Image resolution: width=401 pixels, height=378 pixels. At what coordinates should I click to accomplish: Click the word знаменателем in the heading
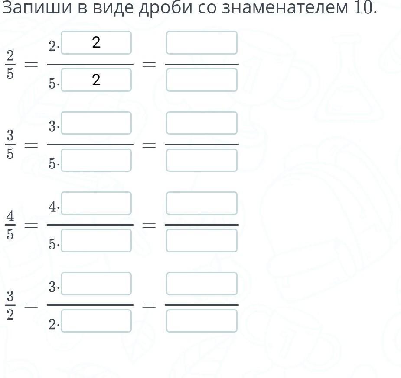pos(285,8)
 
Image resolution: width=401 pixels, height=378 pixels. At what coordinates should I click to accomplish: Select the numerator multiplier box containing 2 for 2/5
pos(96,43)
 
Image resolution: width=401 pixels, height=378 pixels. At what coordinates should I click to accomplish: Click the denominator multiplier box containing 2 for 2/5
pos(96,80)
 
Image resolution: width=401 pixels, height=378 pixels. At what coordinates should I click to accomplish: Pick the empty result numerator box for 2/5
pos(202,43)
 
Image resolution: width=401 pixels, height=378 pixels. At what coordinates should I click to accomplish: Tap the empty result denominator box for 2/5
pos(202,80)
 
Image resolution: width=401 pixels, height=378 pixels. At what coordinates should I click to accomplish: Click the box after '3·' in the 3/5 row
pos(96,123)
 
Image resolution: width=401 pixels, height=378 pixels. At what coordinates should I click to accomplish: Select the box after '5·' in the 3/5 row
pos(96,160)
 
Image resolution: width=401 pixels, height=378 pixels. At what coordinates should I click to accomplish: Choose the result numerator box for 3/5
pos(202,123)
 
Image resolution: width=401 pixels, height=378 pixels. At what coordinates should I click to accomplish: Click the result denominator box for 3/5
pos(202,160)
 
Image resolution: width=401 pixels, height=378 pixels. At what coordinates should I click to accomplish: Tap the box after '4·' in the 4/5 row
pos(96,204)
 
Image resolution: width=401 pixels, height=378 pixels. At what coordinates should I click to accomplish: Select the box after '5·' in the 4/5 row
pos(96,241)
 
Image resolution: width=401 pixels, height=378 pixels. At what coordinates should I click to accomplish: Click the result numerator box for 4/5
pos(202,204)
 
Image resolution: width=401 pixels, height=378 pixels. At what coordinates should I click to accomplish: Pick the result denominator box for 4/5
pos(202,241)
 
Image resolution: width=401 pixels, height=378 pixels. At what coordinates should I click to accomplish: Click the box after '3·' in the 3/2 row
pos(96,284)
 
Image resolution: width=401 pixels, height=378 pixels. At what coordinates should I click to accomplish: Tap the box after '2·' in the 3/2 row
pos(96,321)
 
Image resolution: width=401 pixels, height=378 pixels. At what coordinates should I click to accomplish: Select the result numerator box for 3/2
pos(202,284)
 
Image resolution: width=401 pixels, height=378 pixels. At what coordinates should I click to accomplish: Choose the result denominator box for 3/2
pos(202,321)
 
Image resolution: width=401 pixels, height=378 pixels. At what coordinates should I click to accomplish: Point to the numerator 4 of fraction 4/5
pos(10,216)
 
